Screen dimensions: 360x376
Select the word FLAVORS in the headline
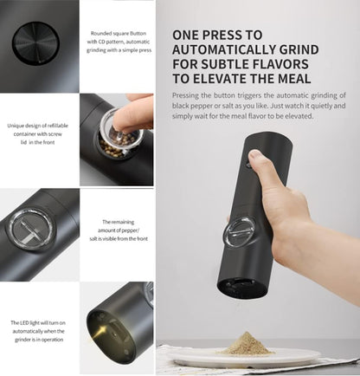(280, 64)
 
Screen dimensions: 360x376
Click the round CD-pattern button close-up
(35, 42)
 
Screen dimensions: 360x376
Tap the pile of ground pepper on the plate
(246, 344)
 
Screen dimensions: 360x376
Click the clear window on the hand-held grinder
(239, 232)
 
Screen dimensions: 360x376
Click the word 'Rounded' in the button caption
(100, 33)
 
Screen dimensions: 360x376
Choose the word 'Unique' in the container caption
(15, 126)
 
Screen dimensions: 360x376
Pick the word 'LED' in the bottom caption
(24, 322)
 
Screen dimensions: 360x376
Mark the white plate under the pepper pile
(243, 358)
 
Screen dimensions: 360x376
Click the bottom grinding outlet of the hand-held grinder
(241, 287)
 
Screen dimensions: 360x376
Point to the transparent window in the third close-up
(32, 230)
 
